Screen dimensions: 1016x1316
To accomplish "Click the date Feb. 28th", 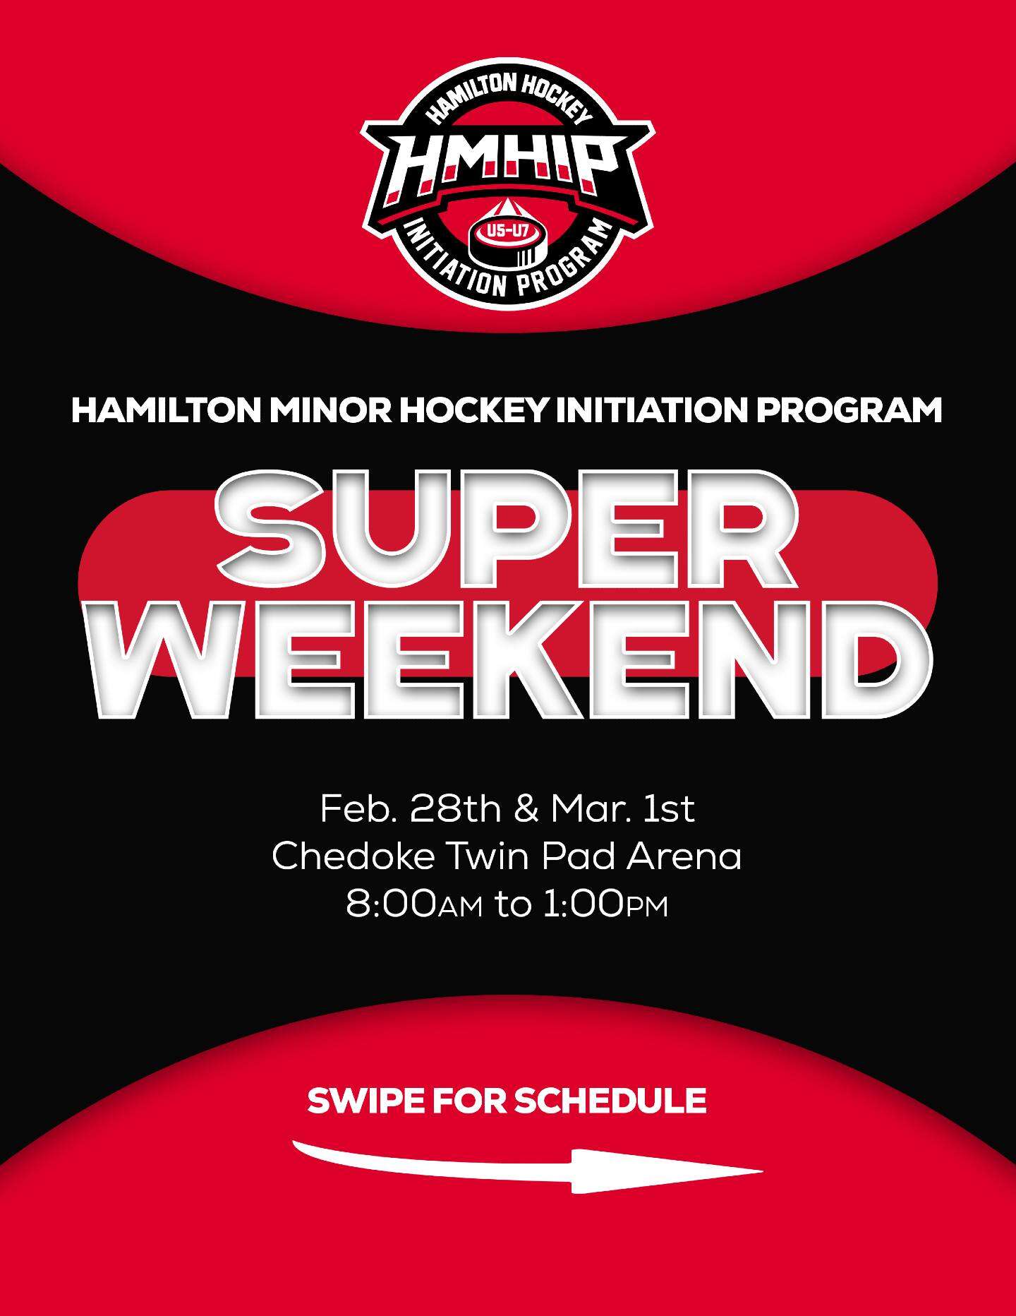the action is pos(412,809).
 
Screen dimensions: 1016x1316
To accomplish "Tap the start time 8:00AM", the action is pos(415,906).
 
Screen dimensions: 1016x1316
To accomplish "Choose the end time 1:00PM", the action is pos(605,906).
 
